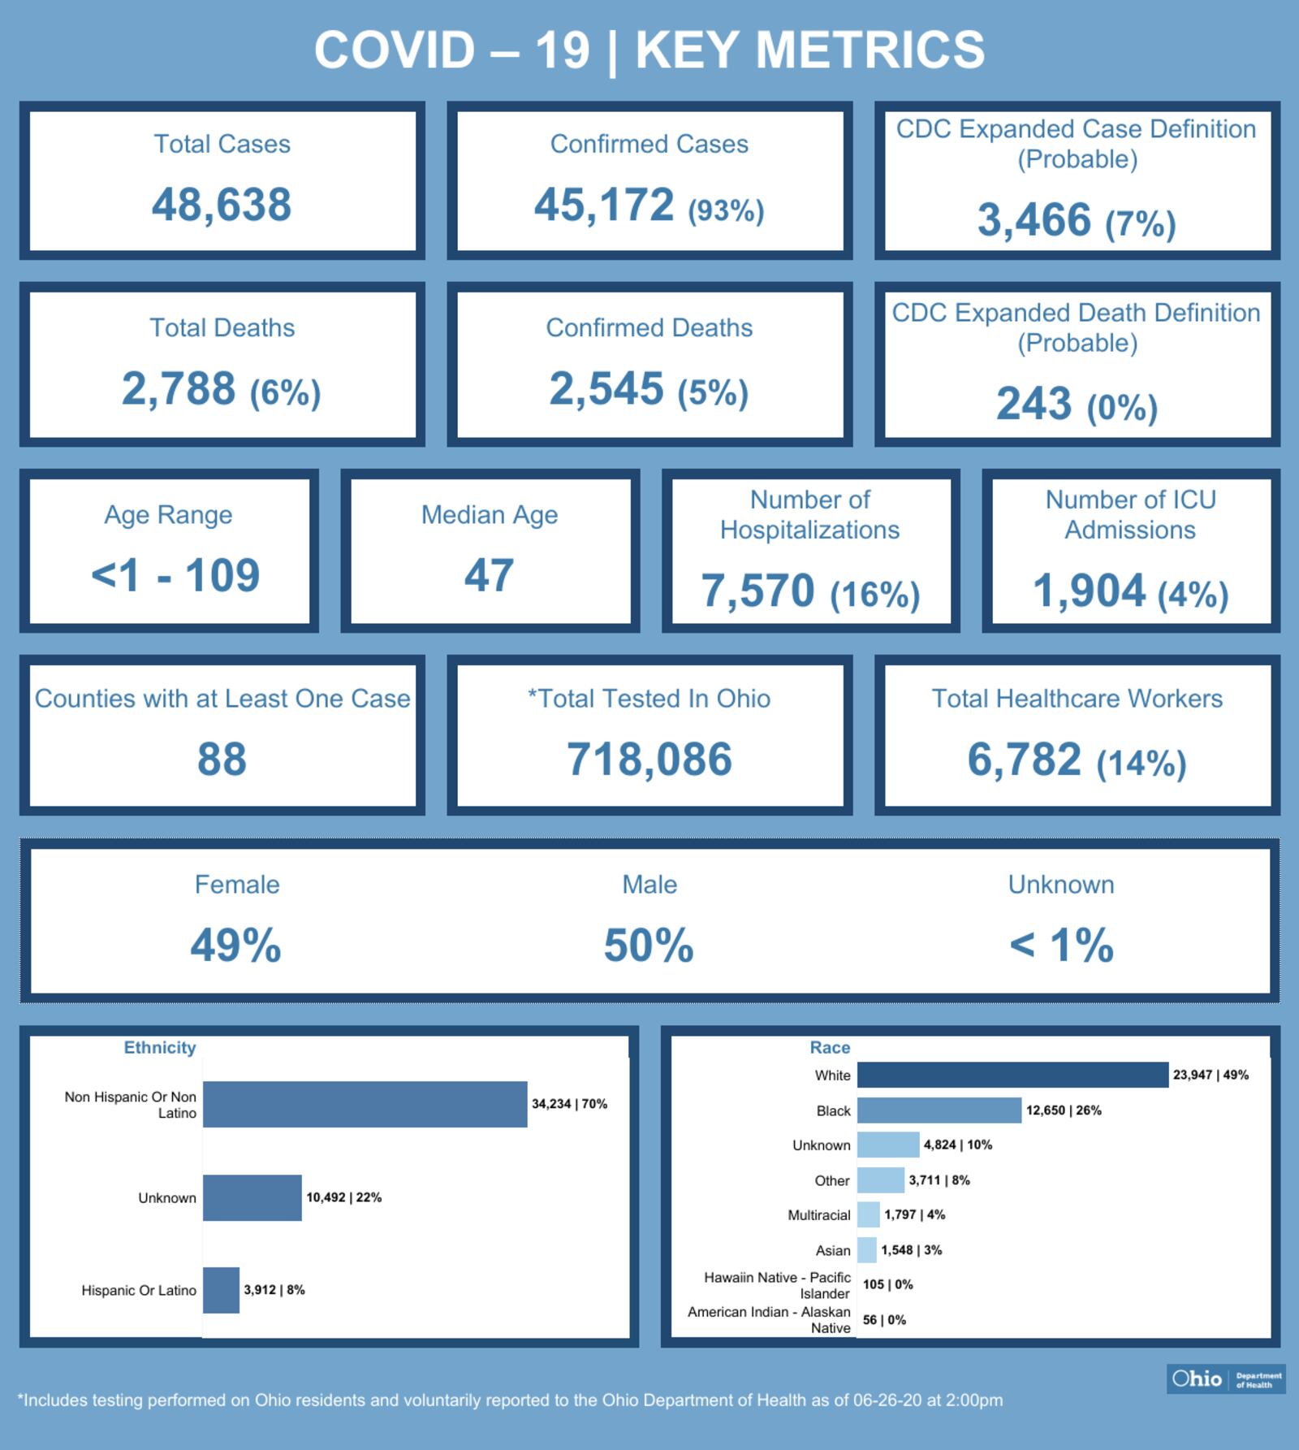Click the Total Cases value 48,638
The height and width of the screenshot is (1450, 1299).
(221, 204)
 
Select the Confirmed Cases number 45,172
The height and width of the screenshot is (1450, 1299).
(604, 204)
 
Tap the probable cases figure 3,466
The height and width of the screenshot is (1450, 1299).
(1034, 220)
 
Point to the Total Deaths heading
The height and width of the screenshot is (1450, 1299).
(222, 327)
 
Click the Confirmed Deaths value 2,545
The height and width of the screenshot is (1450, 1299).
(606, 388)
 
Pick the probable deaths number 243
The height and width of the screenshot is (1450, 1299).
(1034, 404)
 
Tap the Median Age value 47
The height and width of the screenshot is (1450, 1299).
(489, 576)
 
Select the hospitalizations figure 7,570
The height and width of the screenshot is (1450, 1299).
(757, 591)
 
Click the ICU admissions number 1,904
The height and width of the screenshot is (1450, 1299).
(1089, 591)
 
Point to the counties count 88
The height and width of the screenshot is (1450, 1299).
(222, 760)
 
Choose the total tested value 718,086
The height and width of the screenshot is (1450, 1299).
(649, 760)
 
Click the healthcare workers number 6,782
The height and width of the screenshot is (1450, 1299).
(1024, 760)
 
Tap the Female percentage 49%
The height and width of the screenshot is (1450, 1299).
(235, 946)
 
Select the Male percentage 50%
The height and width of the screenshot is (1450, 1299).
(649, 946)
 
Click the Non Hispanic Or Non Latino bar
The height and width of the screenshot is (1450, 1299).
(365, 1104)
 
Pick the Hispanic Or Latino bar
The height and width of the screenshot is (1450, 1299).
(221, 1290)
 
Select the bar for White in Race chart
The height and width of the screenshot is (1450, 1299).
(1012, 1075)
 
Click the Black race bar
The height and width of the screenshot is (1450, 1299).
(939, 1110)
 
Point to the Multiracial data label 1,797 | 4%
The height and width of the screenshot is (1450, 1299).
(914, 1215)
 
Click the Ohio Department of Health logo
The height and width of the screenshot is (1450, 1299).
(1226, 1379)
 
